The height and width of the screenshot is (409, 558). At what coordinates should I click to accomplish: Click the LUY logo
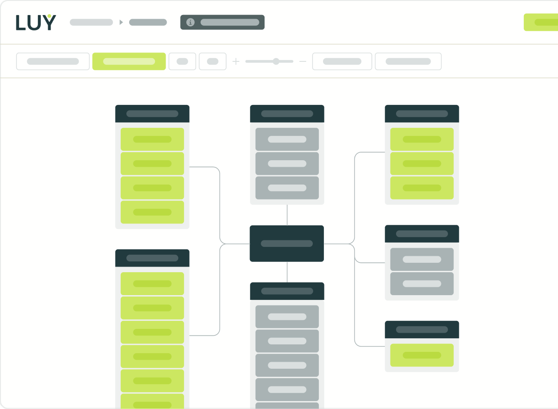click(x=36, y=22)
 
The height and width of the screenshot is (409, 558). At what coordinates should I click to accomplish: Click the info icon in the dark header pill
click(x=190, y=22)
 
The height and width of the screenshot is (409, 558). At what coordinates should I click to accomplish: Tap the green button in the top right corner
click(x=541, y=22)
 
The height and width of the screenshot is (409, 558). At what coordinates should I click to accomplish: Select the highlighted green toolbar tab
click(x=129, y=61)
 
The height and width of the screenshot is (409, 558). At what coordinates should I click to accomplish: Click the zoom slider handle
click(x=276, y=61)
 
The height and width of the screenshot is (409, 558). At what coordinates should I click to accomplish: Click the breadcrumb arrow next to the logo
click(x=121, y=22)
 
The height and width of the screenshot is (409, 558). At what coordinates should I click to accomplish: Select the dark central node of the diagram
click(x=287, y=244)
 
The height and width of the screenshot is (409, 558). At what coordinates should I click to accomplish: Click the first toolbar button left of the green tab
click(x=53, y=61)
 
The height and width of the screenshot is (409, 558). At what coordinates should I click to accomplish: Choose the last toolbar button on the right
click(x=408, y=61)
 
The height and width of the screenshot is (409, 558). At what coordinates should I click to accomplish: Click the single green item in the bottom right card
click(x=422, y=355)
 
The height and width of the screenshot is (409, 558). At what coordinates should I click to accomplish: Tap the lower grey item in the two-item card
click(x=422, y=284)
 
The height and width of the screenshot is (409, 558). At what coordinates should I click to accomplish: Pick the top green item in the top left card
click(x=152, y=139)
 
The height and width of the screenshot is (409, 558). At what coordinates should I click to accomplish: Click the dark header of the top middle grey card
click(x=287, y=114)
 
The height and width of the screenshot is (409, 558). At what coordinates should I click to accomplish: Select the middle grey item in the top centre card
click(x=287, y=164)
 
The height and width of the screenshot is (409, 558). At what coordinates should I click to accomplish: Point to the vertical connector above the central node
click(x=287, y=215)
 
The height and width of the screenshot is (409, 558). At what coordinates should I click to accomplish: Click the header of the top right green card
click(x=422, y=114)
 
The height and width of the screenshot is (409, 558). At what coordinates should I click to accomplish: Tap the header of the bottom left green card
click(x=152, y=258)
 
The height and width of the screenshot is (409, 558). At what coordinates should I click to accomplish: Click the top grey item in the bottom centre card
click(x=287, y=317)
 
